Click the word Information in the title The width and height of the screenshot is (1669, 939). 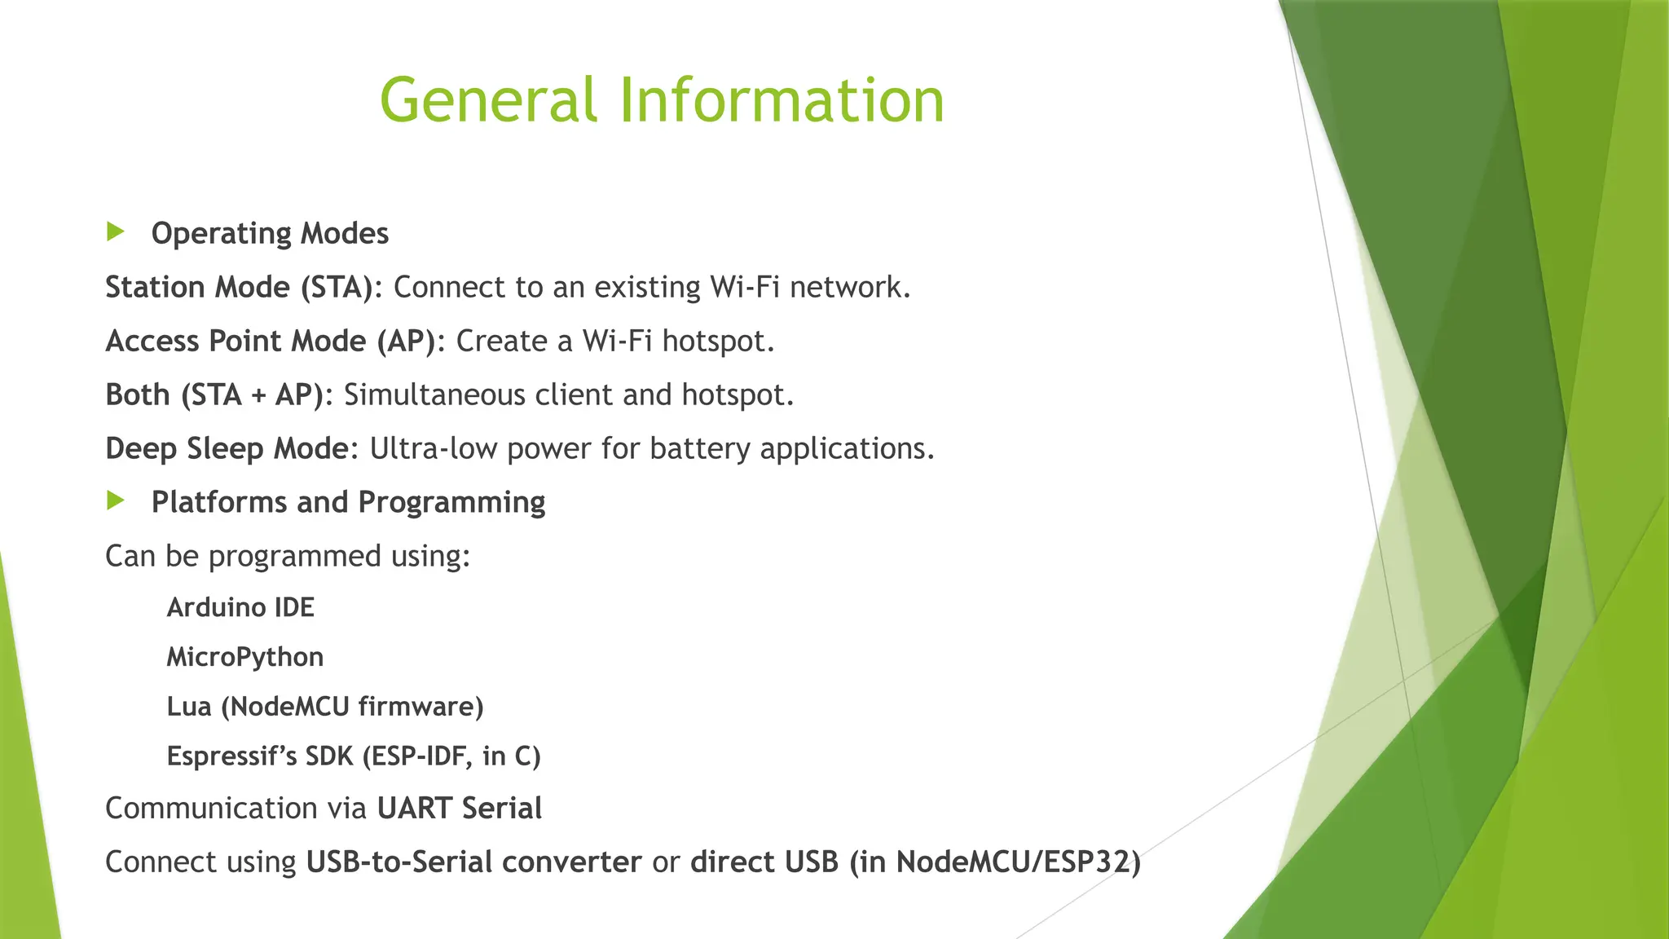(x=782, y=100)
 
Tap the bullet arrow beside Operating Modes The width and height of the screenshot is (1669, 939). (x=116, y=232)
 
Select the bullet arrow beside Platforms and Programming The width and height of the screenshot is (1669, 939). (x=116, y=500)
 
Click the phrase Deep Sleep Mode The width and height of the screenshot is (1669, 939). (x=227, y=449)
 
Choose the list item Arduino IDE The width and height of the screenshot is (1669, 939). (x=240, y=608)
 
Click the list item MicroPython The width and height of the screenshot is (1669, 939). (x=244, y=657)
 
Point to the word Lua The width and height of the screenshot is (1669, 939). (x=189, y=707)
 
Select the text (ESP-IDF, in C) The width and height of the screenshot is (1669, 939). (x=451, y=756)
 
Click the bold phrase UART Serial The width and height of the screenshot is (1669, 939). (x=460, y=809)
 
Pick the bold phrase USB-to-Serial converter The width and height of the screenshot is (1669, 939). (x=473, y=862)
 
